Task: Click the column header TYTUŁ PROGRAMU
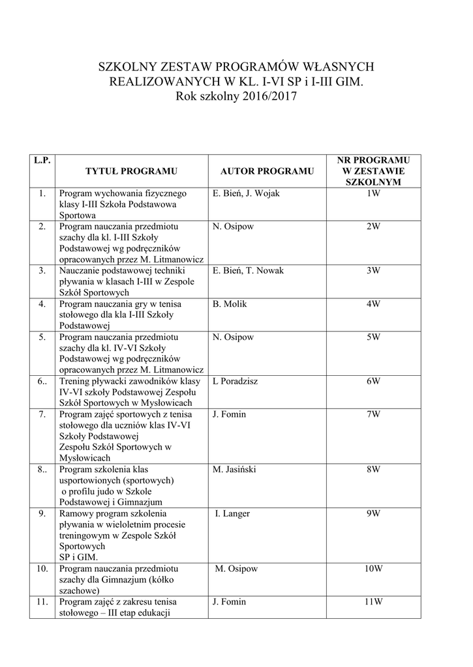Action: (x=132, y=171)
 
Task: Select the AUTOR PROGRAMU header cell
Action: (x=267, y=171)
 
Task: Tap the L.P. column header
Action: (x=42, y=160)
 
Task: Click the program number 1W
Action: (x=373, y=193)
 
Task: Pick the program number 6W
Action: (x=373, y=381)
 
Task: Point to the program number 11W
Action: (x=373, y=602)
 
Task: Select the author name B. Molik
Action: (x=230, y=304)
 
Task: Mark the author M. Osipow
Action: (x=236, y=569)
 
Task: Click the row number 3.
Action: (x=42, y=270)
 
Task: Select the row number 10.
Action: (x=42, y=569)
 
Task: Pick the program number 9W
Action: (x=373, y=513)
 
